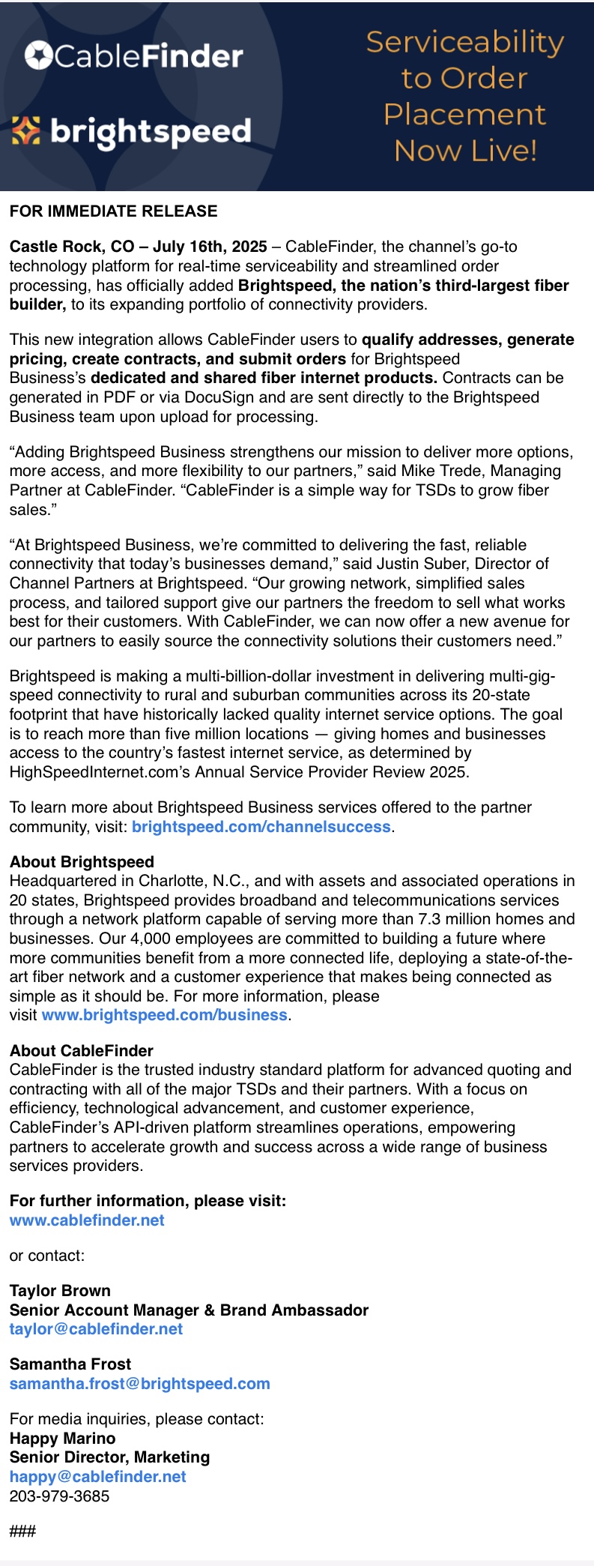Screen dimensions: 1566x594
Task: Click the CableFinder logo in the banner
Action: point(133,56)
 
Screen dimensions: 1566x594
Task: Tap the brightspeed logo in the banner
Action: point(132,132)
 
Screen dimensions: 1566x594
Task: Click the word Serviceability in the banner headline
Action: point(464,42)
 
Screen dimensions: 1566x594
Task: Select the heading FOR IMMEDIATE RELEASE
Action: point(113,211)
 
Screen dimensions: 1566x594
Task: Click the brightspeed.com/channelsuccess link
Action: point(261,827)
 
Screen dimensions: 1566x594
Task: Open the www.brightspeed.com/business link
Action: point(164,1015)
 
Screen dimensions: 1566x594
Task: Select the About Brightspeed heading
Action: point(82,862)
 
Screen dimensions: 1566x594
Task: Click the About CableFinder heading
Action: point(81,1051)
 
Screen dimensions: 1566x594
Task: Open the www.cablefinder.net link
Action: point(87,1220)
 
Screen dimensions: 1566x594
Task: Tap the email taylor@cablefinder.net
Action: point(96,1329)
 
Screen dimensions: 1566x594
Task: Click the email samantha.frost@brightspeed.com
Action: point(139,1384)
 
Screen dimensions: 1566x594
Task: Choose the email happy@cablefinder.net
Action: point(97,1477)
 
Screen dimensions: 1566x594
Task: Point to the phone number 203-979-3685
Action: point(59,1496)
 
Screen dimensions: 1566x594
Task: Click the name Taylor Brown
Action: point(60,1291)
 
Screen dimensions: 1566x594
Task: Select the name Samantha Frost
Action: point(70,1364)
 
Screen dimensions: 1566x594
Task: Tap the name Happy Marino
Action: point(62,1439)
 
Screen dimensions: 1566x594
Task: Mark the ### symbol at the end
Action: point(22,1532)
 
